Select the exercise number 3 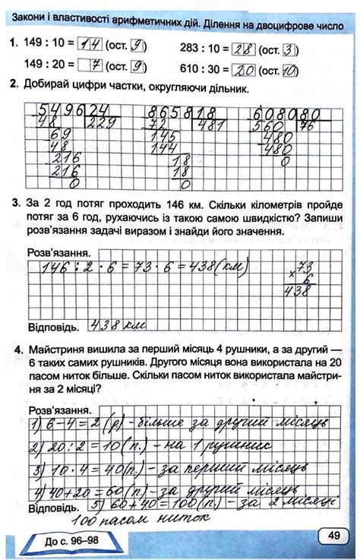coord(16,204)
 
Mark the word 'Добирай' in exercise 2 coord(54,89)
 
